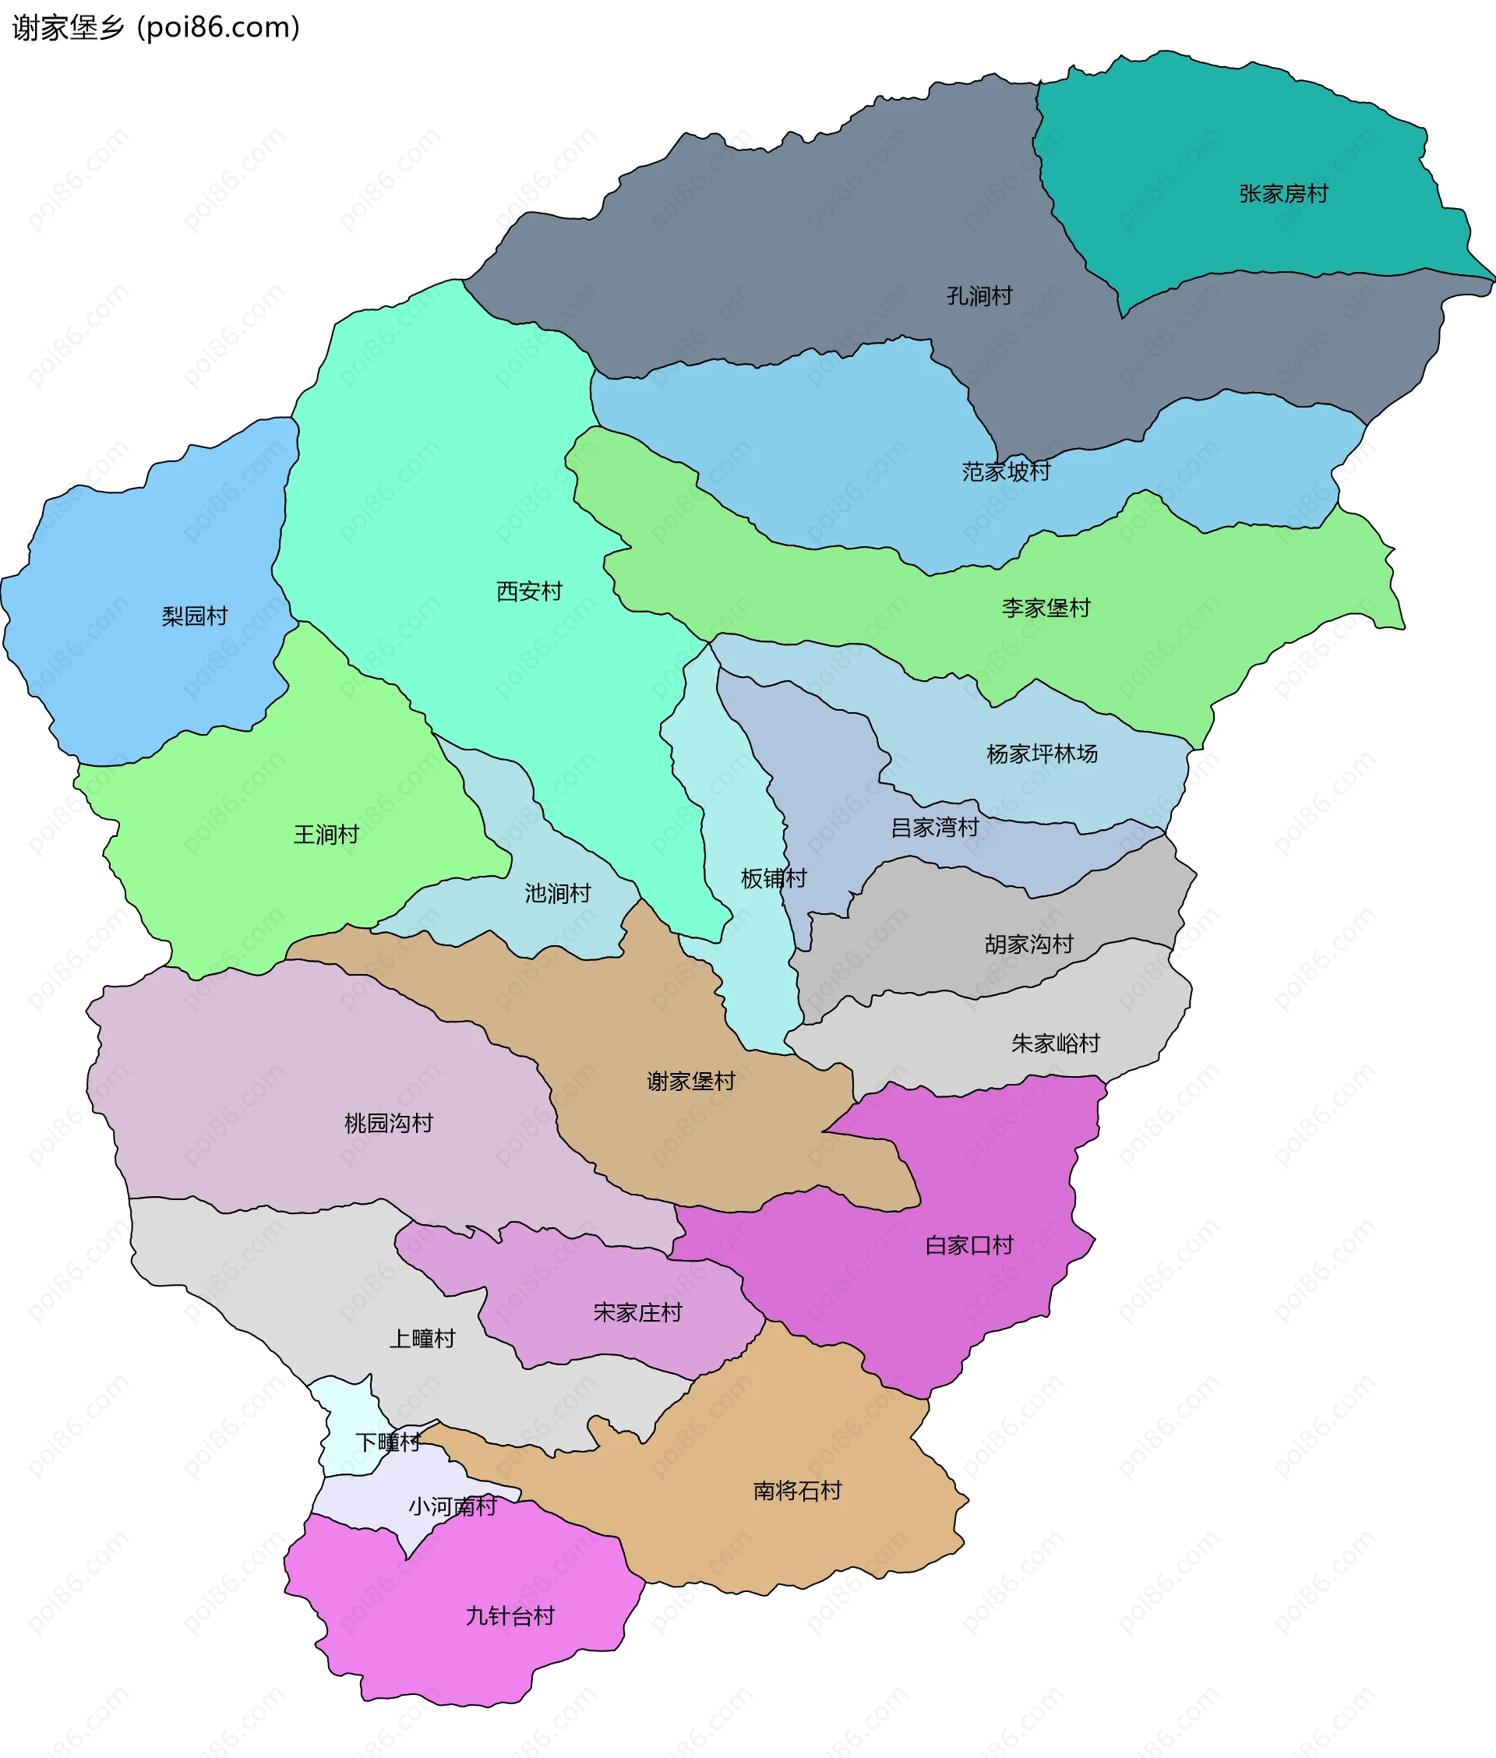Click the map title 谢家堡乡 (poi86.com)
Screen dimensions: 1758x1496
[156, 28]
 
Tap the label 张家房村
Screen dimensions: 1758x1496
[1283, 194]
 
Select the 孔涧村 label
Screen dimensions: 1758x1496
[979, 296]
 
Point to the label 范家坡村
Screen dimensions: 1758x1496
[1006, 471]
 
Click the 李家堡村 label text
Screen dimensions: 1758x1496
[1045, 608]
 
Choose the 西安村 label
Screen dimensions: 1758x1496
[528, 591]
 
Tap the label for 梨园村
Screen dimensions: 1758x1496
[194, 616]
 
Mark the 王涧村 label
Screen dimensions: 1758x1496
[326, 835]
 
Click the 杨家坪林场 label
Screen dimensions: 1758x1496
[1042, 753]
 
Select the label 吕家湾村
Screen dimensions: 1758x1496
[933, 827]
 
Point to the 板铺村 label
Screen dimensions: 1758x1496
[773, 877]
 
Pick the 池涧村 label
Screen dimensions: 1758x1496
[556, 893]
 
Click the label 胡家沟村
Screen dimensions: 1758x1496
[1028, 944]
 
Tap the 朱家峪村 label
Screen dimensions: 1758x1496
[1054, 1043]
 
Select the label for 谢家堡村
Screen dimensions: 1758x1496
[690, 1082]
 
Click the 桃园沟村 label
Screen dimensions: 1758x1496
[389, 1124]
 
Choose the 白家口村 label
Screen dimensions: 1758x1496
[969, 1245]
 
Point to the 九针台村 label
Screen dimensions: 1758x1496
[510, 1615]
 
